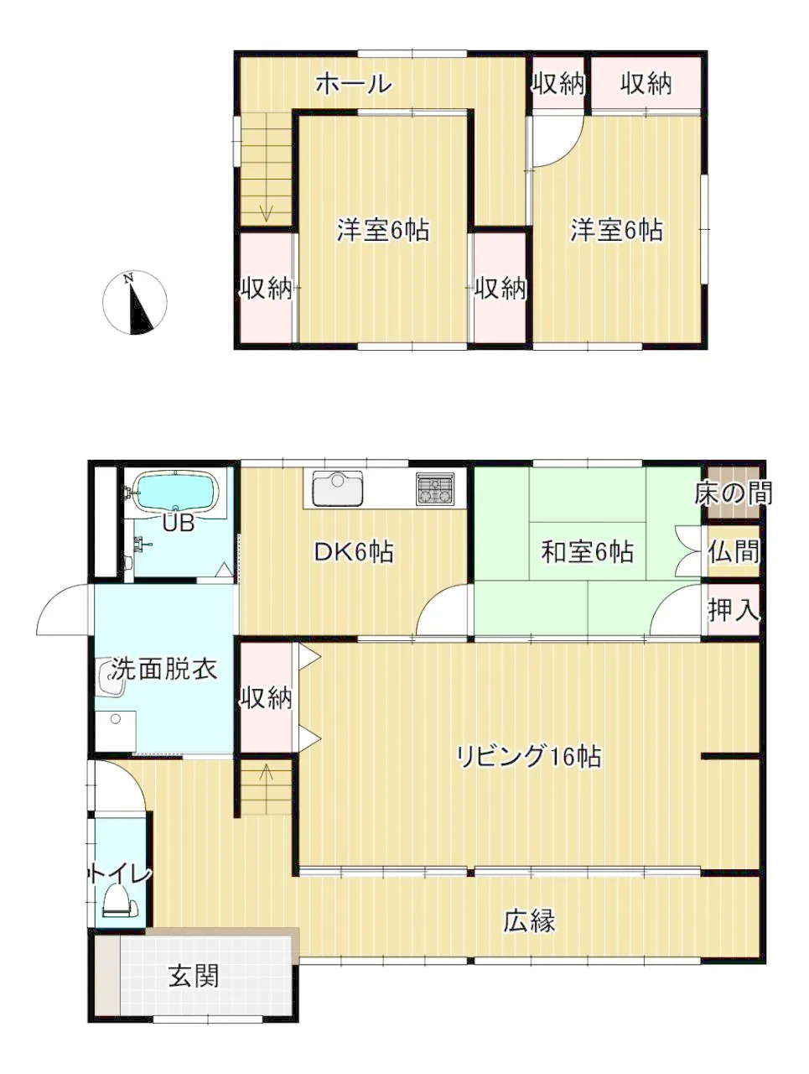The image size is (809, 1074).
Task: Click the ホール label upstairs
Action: point(353,84)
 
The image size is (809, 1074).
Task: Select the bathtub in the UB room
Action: point(175,493)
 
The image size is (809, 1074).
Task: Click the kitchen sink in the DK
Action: point(337,487)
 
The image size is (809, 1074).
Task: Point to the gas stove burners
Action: point(434,488)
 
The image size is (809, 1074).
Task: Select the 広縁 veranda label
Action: point(529,920)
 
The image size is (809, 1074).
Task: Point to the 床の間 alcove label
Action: point(733,493)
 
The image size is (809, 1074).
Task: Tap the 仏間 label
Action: point(734,552)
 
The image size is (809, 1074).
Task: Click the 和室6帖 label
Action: point(587,551)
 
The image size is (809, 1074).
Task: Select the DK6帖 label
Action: point(353,552)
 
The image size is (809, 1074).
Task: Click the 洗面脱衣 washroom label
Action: point(164,669)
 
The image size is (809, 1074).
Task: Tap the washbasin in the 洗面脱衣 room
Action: point(112,676)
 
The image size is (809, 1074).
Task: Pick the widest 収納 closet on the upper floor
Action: point(646,83)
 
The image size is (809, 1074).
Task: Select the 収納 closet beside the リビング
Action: point(267,698)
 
